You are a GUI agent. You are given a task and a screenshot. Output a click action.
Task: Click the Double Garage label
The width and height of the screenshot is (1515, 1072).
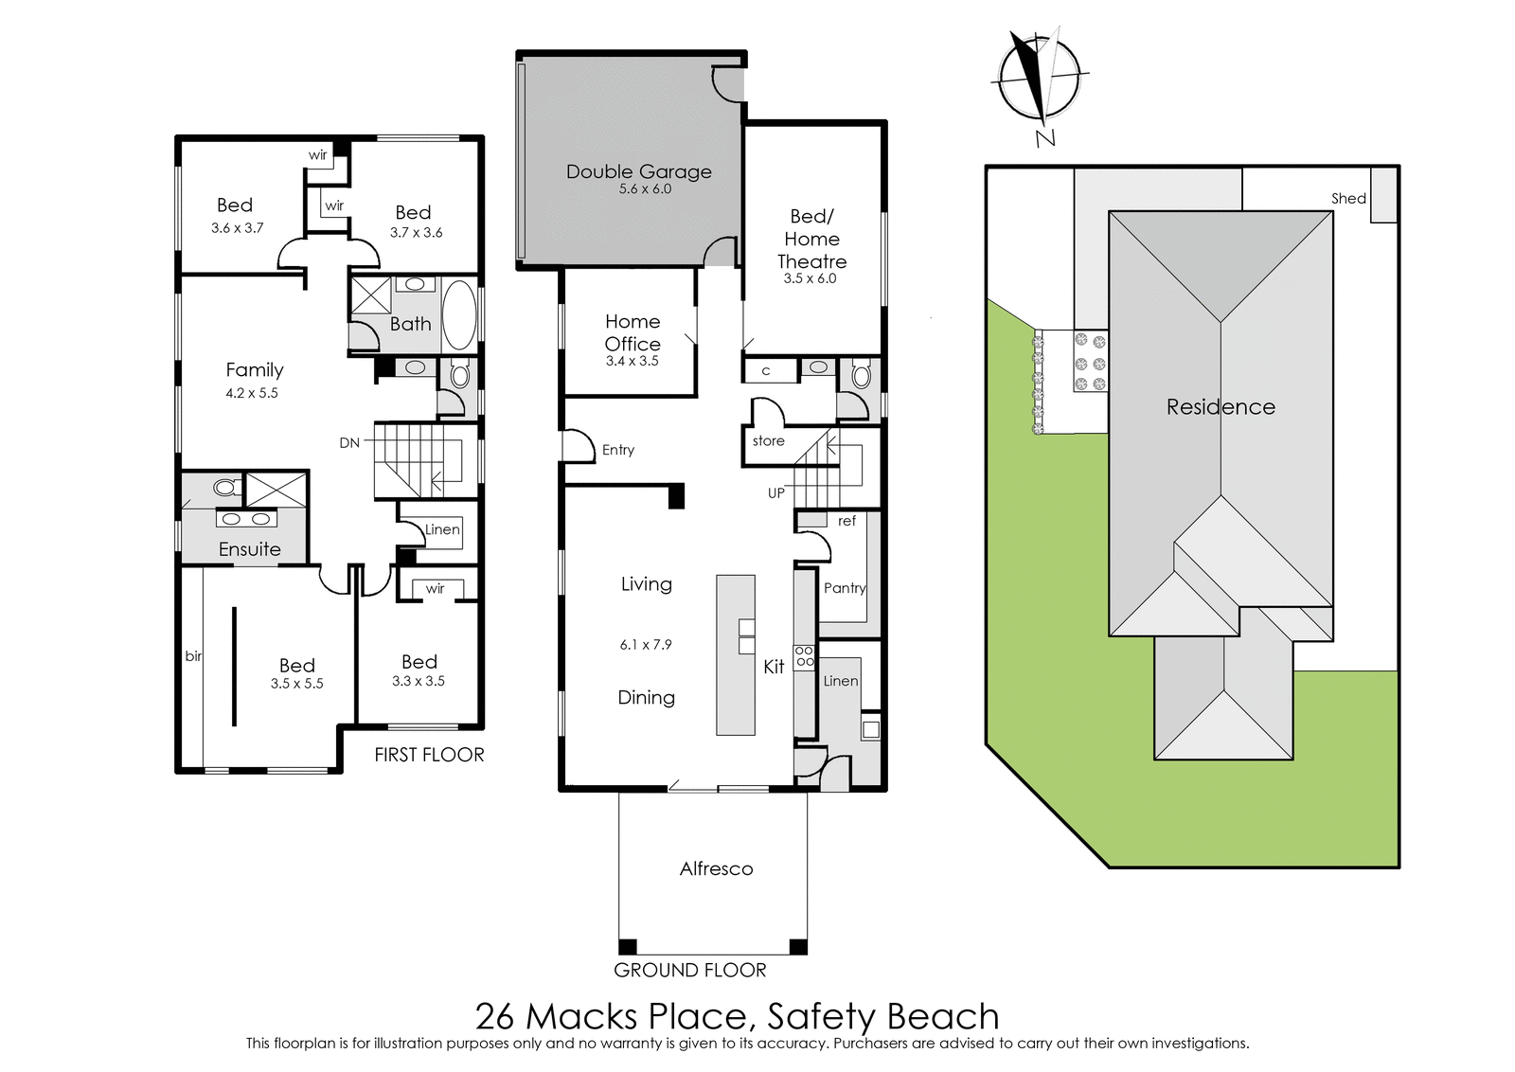coord(638,171)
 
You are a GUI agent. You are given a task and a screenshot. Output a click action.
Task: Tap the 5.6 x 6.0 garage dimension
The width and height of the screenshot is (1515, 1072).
coord(645,189)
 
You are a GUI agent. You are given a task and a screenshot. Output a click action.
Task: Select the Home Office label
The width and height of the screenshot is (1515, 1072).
coord(633,332)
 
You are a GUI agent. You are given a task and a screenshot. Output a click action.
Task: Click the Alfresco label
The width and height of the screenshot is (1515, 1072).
coord(716,868)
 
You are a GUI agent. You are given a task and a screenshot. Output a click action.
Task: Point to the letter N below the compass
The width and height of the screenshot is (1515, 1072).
coord(1045,138)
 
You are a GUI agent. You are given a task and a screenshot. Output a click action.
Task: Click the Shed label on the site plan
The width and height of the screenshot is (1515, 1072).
coord(1348,198)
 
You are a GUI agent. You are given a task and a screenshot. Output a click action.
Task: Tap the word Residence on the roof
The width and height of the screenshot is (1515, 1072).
coord(1221,406)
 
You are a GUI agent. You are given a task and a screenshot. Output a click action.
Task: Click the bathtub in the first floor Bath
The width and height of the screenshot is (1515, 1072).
coord(459,315)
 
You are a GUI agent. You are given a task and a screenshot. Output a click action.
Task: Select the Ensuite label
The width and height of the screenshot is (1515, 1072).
coord(250,549)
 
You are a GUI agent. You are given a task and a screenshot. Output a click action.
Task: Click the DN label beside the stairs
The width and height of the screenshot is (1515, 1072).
coord(349,444)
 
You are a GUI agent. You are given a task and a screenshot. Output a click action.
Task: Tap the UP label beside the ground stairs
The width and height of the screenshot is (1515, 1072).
coord(776,493)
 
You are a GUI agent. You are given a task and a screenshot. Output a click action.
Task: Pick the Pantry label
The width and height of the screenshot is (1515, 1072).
coord(845,588)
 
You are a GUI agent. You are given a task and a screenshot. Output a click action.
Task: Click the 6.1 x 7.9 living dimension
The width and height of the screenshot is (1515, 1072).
coord(646,645)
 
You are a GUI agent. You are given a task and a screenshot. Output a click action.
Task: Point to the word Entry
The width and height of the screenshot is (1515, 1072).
coord(618,450)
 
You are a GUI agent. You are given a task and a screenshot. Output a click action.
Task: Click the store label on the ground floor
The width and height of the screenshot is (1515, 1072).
coord(768,441)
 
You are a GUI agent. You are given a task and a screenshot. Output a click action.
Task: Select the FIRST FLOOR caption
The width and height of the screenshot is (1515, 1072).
coord(430,755)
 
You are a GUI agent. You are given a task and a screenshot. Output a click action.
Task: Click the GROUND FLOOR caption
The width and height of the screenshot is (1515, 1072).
coord(690,970)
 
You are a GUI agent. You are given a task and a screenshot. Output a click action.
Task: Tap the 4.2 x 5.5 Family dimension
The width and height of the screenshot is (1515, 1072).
coord(252,393)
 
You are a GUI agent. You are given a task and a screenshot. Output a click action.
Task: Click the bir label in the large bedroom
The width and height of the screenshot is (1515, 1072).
coord(193,655)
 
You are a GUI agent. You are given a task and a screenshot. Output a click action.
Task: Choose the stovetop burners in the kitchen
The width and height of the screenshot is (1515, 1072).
coord(805,656)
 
